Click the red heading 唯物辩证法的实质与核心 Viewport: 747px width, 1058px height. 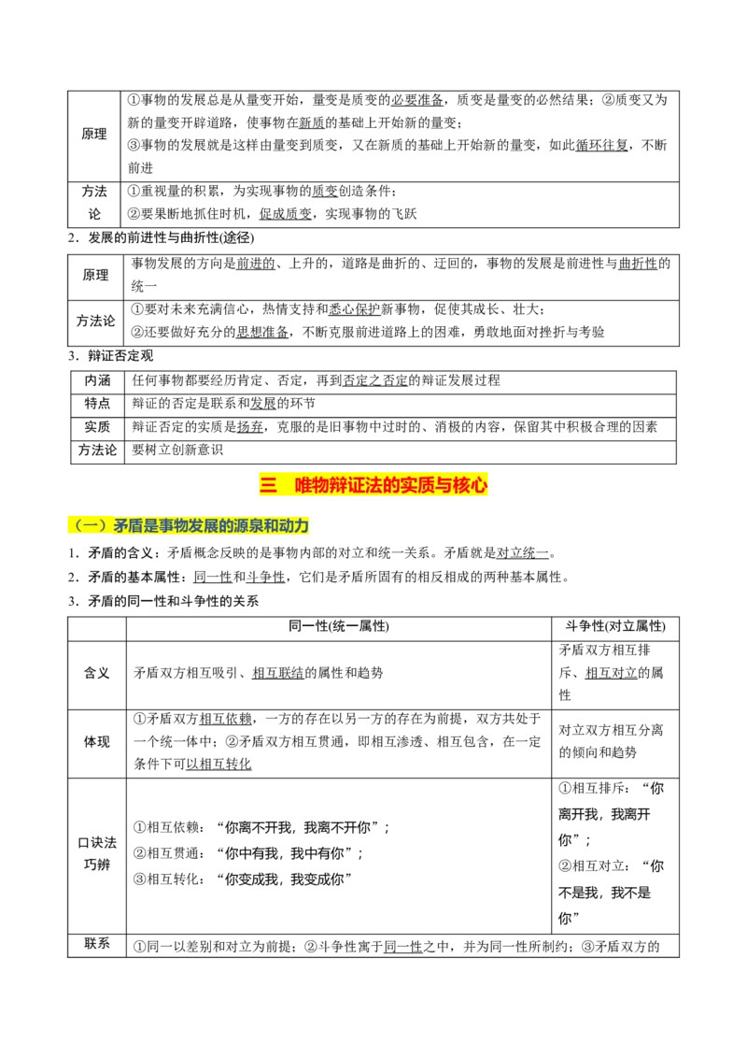390,485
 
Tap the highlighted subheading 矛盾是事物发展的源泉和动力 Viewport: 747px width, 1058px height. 211,525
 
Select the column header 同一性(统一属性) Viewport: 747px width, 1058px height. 338,626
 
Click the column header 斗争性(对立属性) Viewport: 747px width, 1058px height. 614,626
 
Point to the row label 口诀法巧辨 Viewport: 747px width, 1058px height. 96,853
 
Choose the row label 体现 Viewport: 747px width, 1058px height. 96,741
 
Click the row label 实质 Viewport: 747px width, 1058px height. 97,427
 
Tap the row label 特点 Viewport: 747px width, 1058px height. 97,404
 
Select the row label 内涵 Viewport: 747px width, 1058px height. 97,380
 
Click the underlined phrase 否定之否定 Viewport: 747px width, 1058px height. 375,380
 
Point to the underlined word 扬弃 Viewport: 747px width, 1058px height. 250,427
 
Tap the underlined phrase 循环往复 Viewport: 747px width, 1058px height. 601,145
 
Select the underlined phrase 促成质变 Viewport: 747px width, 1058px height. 286,214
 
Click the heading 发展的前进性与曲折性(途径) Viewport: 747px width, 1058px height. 171,237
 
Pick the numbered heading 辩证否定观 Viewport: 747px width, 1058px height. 120,355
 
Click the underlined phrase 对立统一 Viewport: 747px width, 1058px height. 523,553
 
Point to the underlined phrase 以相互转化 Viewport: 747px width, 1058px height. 218,764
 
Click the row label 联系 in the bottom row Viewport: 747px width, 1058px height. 97,943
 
